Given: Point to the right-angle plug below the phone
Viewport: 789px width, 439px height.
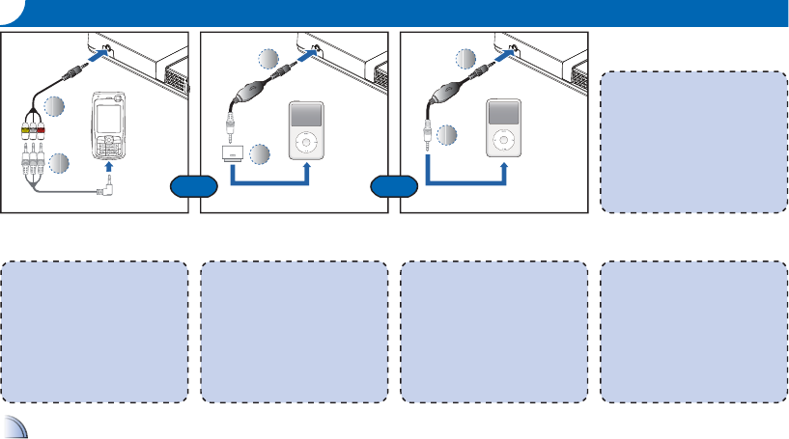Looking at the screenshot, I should pos(107,190).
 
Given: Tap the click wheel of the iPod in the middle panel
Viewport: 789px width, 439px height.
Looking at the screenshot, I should pos(306,142).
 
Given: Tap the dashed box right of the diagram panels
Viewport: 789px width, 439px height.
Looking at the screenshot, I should pos(693,141).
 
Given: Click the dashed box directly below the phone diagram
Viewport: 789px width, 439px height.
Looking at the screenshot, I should pos(95,331).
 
